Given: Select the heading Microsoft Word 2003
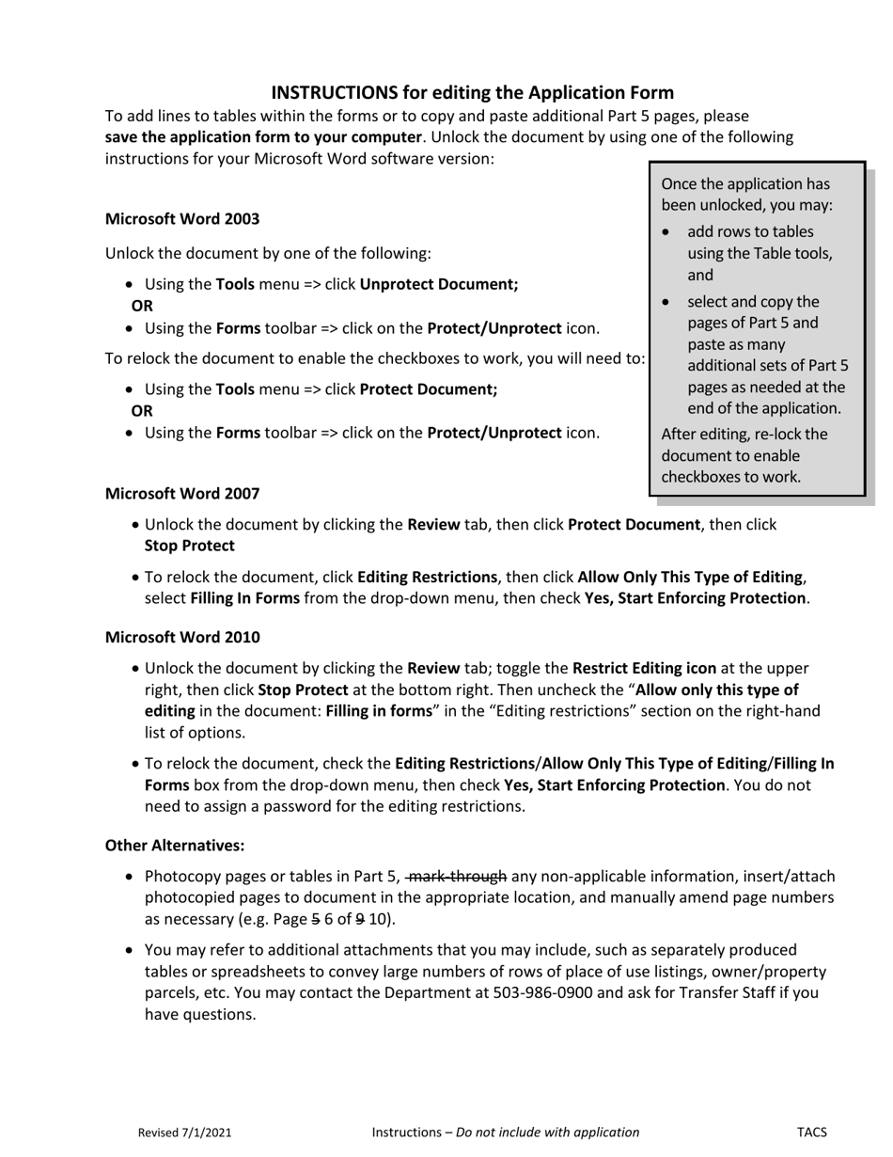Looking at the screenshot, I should pyautogui.click(x=182, y=218).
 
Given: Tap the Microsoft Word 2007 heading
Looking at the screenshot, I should pyautogui.click(x=182, y=493).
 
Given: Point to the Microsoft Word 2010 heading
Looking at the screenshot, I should pyautogui.click(x=182, y=637).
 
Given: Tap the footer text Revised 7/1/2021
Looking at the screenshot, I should pyautogui.click(x=185, y=1133).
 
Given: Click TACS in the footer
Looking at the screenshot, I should pyautogui.click(x=812, y=1133).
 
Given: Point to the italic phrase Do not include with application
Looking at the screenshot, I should pyautogui.click(x=547, y=1133).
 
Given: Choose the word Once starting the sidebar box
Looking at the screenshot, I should pyautogui.click(x=681, y=183).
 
